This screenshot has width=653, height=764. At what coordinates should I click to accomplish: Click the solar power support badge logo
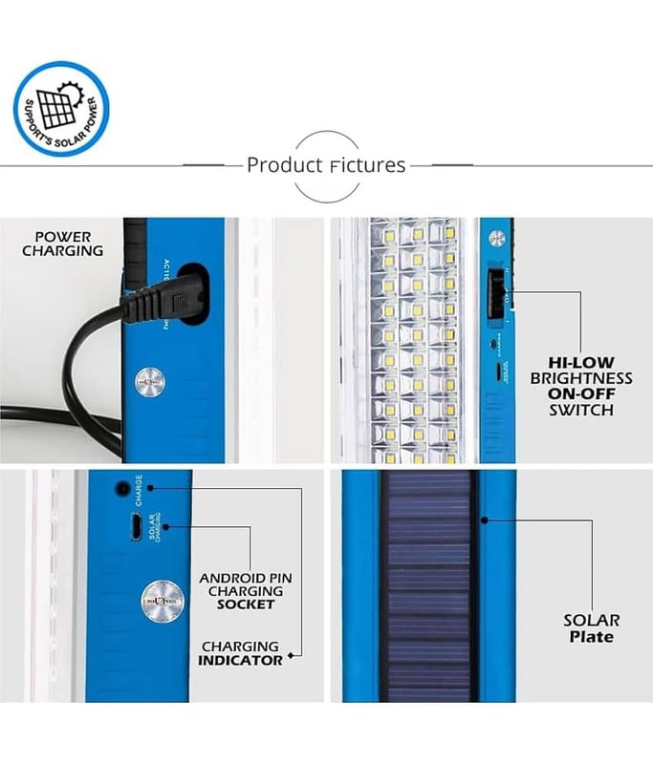click(61, 108)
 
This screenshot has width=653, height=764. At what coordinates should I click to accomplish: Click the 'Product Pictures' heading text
click(326, 164)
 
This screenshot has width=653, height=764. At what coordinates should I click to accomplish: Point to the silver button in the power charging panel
click(149, 380)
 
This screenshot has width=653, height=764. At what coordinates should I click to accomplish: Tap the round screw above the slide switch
click(495, 239)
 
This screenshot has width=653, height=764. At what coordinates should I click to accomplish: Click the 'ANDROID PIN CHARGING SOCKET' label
click(246, 590)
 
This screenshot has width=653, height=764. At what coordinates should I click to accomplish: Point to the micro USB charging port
click(137, 525)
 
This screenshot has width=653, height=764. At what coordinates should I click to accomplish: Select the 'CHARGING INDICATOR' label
click(240, 652)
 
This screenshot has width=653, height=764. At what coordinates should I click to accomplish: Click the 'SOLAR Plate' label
click(591, 628)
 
